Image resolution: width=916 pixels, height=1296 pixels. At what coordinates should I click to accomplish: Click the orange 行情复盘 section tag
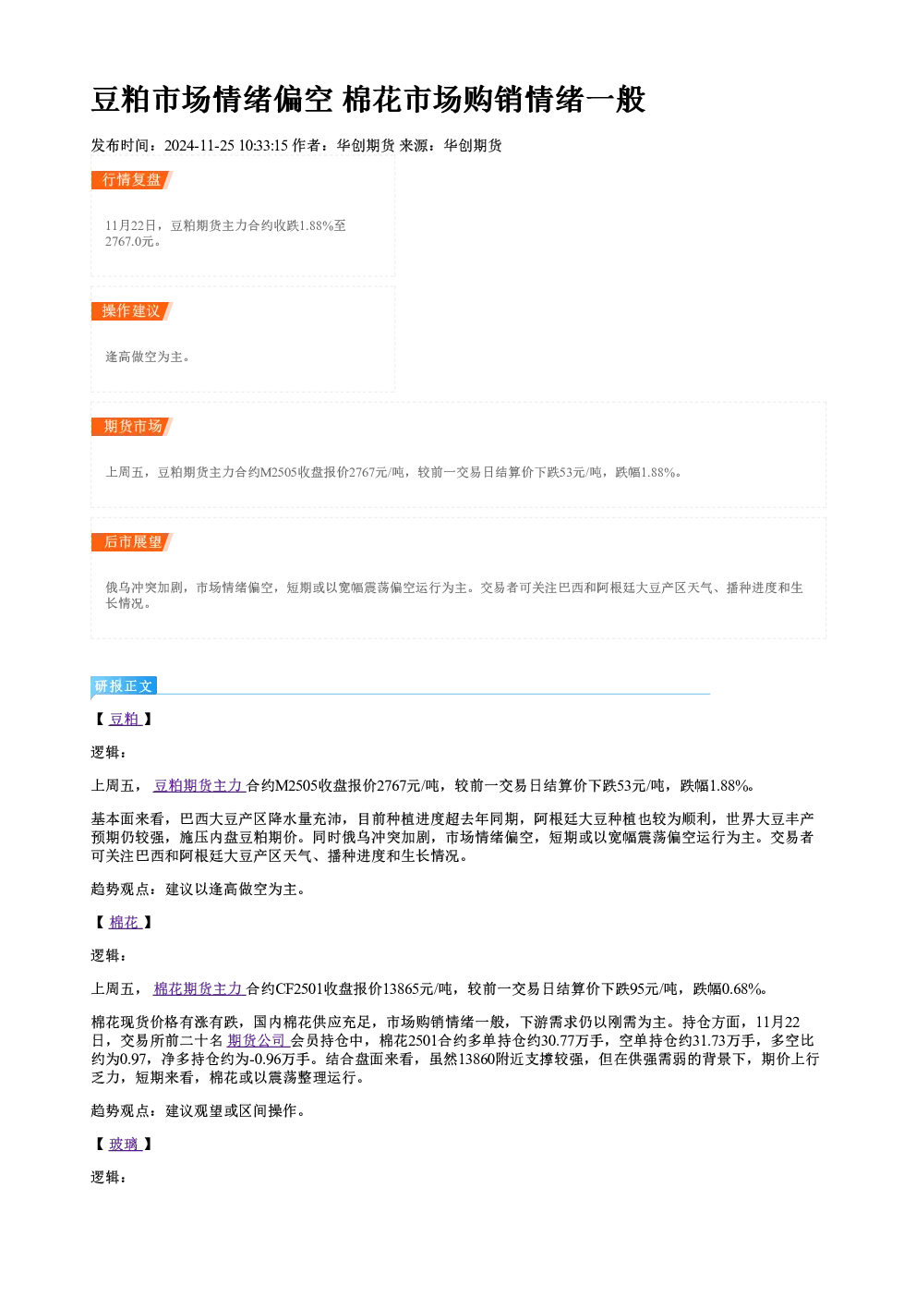(x=132, y=180)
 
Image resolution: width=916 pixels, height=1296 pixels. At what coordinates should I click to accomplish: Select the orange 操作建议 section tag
(x=132, y=310)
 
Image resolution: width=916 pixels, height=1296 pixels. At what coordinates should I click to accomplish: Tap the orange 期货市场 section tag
(x=132, y=427)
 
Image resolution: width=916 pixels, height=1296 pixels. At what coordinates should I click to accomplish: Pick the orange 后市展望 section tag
(x=132, y=542)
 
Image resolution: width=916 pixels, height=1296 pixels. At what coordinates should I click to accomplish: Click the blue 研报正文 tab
(x=124, y=686)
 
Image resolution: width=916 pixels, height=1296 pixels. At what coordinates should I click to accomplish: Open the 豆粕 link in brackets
(x=125, y=720)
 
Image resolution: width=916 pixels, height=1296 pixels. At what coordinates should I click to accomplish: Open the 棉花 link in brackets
(x=125, y=922)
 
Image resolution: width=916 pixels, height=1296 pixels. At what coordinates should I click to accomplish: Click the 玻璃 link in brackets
(x=125, y=1144)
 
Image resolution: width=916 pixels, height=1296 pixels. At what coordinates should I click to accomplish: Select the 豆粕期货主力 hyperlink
(x=199, y=786)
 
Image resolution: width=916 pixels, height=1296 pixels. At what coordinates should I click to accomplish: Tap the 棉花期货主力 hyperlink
(x=199, y=988)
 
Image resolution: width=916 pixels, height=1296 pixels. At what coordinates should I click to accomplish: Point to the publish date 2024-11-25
(x=199, y=145)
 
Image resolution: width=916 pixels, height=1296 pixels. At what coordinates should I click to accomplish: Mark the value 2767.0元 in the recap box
(x=129, y=242)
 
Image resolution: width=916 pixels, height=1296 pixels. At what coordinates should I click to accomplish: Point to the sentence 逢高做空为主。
(x=148, y=357)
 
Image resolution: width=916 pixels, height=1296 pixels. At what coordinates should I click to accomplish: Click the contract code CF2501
(x=299, y=988)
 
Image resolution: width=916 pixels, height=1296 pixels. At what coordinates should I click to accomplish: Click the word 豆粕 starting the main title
(x=121, y=100)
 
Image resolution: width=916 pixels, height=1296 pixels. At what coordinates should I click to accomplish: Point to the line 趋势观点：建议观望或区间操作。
(x=199, y=1110)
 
